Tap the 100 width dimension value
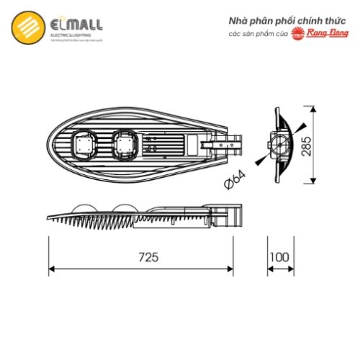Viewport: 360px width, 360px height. point(279,256)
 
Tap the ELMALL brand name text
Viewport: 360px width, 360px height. point(75,24)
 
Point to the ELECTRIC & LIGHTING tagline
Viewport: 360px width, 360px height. point(71,35)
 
